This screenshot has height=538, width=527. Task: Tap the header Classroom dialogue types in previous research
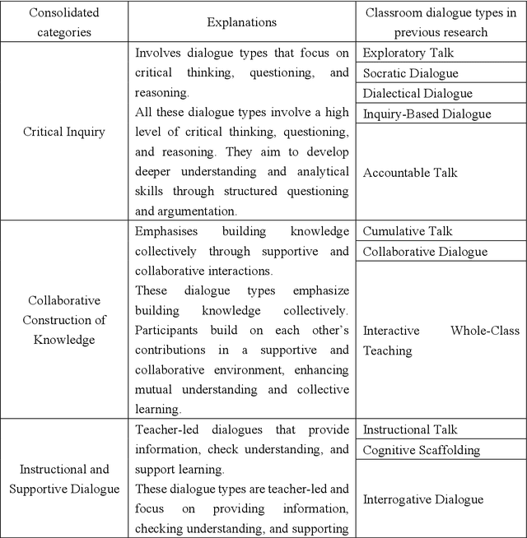[x=441, y=22]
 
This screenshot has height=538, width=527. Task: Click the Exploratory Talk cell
[x=408, y=53]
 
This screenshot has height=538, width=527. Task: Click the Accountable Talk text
[x=409, y=173]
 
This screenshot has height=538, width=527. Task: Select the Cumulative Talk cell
[x=408, y=231]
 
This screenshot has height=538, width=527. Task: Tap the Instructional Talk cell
[x=410, y=429]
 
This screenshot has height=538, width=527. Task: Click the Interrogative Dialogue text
[x=422, y=499]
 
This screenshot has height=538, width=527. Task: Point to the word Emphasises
[x=167, y=232]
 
